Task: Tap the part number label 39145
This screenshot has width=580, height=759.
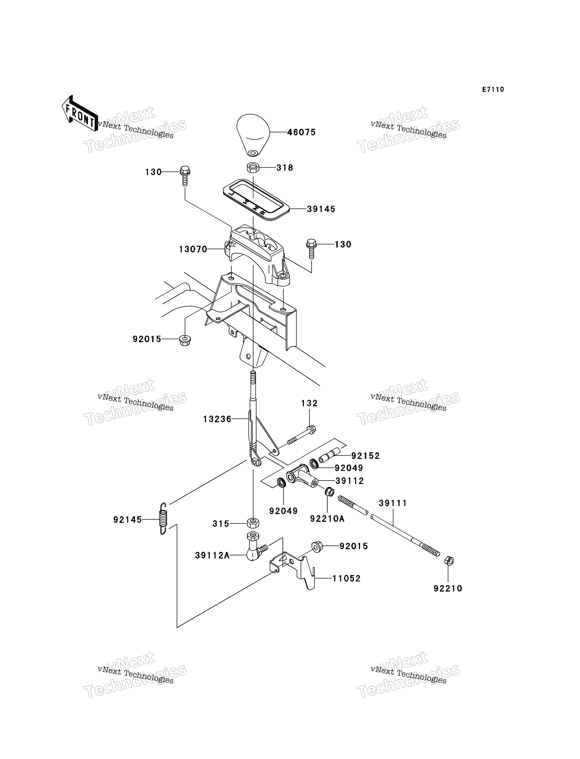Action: click(x=321, y=209)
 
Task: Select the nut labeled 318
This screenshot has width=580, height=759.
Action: click(x=253, y=168)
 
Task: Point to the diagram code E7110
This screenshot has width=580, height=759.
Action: click(x=493, y=89)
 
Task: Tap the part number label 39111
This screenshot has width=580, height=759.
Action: click(x=393, y=503)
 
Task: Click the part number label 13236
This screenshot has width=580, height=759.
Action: click(x=217, y=419)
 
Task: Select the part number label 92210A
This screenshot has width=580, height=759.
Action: click(x=327, y=519)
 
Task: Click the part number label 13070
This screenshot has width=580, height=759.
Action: click(x=193, y=249)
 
